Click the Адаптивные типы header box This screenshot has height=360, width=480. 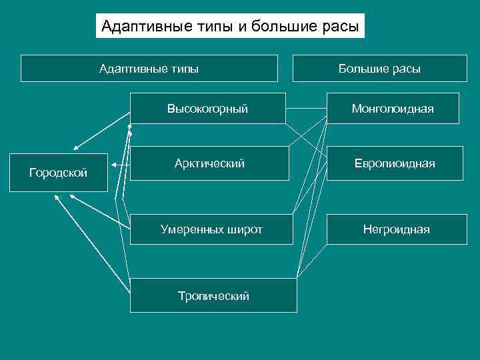point(149,68)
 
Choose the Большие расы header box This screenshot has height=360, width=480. point(379,68)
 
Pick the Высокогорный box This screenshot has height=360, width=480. point(208,108)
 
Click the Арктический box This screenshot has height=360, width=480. point(209,163)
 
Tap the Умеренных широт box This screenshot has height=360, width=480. point(211,229)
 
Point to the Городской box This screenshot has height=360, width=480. point(58,173)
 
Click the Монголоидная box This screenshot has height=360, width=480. point(393,108)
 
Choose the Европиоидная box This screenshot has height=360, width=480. point(394,163)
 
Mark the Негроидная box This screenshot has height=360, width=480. point(396,229)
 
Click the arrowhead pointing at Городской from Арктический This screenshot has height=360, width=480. point(113,164)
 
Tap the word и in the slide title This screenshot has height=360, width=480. point(238,27)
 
